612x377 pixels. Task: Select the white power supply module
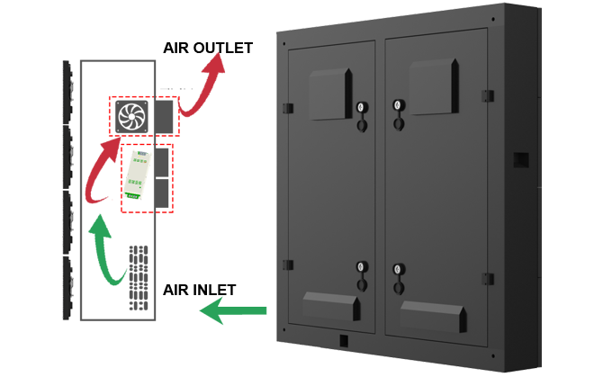tap(138, 174)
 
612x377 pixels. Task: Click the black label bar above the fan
tap(206, 48)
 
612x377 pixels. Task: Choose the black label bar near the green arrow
tap(199, 290)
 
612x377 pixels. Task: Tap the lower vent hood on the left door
tap(332, 306)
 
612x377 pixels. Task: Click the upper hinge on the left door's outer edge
tap(288, 109)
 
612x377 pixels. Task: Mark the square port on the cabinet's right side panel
tap(520, 160)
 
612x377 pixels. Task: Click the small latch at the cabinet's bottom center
tap(344, 340)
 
